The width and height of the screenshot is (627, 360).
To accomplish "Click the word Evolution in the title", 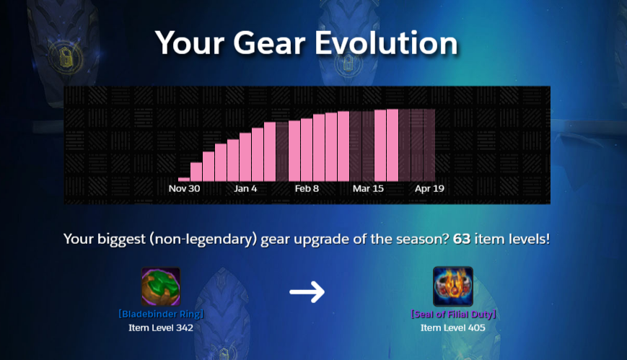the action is click(386, 43).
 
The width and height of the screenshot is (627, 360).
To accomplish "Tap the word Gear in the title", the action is click(269, 43).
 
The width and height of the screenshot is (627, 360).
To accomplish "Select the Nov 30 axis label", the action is click(184, 188).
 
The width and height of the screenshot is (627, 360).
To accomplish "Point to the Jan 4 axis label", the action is click(245, 188).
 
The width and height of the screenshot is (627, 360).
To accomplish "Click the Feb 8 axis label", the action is click(307, 188).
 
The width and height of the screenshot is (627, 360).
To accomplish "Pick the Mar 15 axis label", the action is click(368, 188).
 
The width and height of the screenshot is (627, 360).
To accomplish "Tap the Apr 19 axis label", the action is click(429, 188).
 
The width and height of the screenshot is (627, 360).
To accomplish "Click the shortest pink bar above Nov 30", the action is click(184, 180).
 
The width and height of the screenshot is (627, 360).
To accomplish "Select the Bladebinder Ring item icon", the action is click(161, 286).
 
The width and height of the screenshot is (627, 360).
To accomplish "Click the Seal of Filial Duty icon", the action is click(453, 286).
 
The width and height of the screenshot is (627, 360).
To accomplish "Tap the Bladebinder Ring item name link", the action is click(161, 314).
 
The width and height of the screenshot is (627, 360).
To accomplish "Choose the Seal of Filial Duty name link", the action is click(453, 314).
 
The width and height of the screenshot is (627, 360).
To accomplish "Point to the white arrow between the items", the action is click(307, 291).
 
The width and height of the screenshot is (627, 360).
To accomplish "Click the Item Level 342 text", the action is click(161, 328).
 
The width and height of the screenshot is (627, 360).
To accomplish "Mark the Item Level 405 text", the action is click(452, 328).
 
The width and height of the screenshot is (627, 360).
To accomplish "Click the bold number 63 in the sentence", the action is click(462, 240).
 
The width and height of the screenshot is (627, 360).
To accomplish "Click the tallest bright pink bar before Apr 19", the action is click(393, 145).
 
